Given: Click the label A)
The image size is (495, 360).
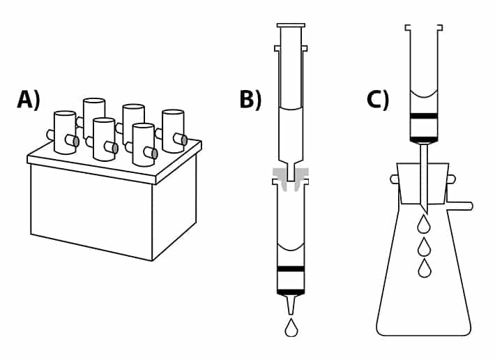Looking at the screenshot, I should (x=29, y=100).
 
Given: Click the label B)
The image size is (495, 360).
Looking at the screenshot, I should (x=250, y=100).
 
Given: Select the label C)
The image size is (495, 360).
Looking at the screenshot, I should (x=378, y=100).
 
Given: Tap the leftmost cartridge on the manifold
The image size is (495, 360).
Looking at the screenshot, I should (x=64, y=132).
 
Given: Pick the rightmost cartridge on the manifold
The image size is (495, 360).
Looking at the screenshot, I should (x=172, y=130).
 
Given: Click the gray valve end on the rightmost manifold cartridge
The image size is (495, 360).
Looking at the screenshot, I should (x=184, y=140).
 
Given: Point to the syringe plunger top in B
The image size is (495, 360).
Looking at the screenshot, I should (x=291, y=25).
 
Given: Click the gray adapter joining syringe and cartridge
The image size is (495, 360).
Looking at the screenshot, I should (x=291, y=174).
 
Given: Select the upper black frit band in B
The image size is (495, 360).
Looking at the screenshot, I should (x=291, y=269).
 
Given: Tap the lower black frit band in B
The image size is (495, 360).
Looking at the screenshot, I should (x=291, y=292).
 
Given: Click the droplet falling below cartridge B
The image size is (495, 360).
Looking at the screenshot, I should (x=291, y=329).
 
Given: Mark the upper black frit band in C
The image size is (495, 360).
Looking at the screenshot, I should (x=424, y=116).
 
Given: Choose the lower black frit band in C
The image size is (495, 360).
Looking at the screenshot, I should (x=424, y=140).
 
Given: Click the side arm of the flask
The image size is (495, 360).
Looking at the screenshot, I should (x=460, y=206).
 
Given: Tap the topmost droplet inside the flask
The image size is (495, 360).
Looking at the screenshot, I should (x=424, y=225).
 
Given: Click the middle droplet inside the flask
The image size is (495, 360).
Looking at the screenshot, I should (x=424, y=248).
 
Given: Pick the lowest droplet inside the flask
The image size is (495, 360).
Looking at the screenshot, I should (x=424, y=269).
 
